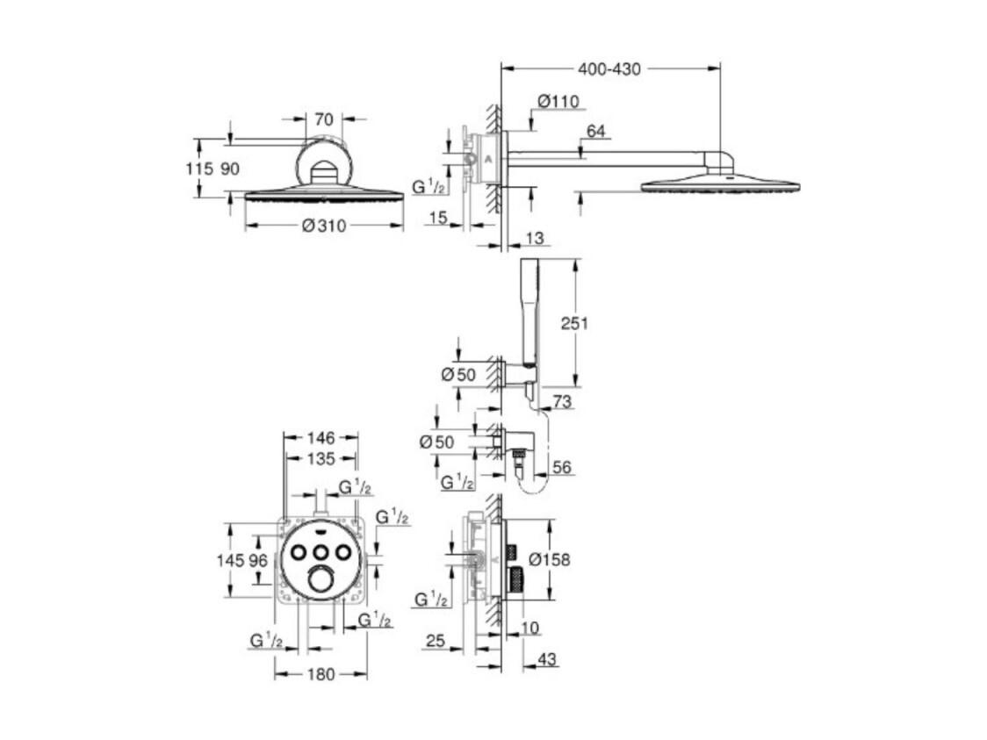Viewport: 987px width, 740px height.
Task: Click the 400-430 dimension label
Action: pyautogui.click(x=609, y=68)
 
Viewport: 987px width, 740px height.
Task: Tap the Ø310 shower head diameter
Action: pyautogui.click(x=324, y=226)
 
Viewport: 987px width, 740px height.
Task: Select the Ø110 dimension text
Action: pyautogui.click(x=558, y=101)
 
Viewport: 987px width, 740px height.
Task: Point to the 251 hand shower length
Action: pyautogui.click(x=574, y=323)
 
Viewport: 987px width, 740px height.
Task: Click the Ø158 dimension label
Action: pyautogui.click(x=549, y=559)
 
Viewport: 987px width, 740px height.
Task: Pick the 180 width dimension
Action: pyautogui.click(x=321, y=674)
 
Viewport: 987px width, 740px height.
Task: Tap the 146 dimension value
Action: pyautogui.click(x=321, y=437)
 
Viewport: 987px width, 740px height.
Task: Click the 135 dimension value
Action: pyautogui.click(x=321, y=459)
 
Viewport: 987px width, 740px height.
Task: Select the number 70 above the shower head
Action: pyautogui.click(x=323, y=119)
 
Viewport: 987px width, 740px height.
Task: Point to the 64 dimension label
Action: pyautogui.click(x=595, y=130)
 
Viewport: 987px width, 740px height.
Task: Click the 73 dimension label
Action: pyautogui.click(x=563, y=401)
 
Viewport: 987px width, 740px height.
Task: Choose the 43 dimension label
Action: pyautogui.click(x=547, y=659)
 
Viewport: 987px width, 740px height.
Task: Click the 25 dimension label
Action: pyautogui.click(x=436, y=641)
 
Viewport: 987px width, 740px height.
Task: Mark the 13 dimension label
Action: pyautogui.click(x=534, y=239)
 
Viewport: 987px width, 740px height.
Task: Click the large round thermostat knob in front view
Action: pyautogui.click(x=321, y=578)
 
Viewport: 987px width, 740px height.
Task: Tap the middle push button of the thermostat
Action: pyautogui.click(x=321, y=552)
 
